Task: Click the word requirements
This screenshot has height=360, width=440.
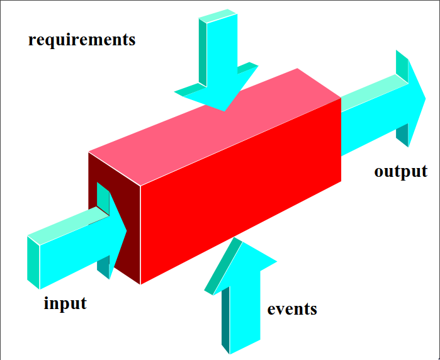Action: click(x=82, y=40)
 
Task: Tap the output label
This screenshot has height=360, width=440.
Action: click(x=400, y=171)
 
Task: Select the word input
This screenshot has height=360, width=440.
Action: click(x=65, y=303)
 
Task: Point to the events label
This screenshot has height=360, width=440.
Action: click(x=292, y=309)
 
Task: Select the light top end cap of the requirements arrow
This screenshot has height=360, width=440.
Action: click(x=218, y=15)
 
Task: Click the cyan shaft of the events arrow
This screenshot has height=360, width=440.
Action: click(x=244, y=308)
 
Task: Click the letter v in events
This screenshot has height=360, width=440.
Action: click(x=283, y=310)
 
